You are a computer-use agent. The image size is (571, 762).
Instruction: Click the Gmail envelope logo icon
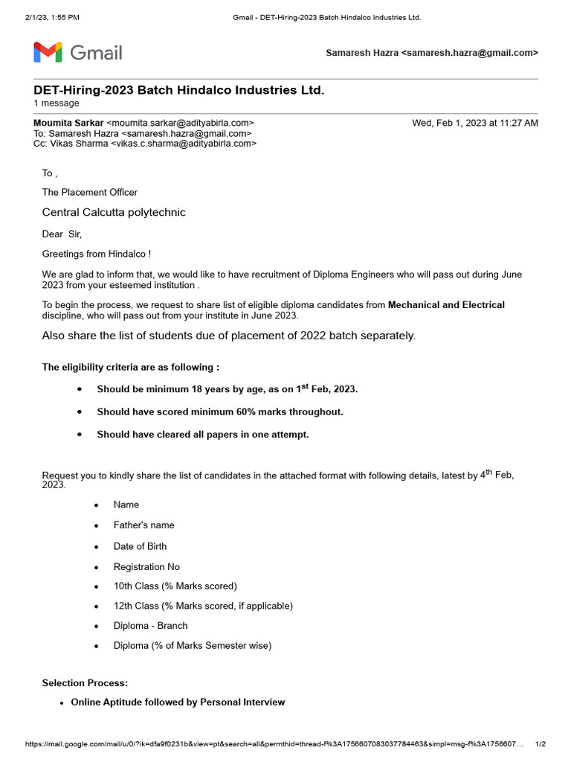pyautogui.click(x=47, y=53)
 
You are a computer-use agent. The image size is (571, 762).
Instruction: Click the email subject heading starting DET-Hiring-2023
pyautogui.click(x=178, y=90)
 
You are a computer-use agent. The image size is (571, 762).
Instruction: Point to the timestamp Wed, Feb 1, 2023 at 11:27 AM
pyautogui.click(x=475, y=123)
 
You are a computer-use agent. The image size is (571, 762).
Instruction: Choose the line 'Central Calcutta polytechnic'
pyautogui.click(x=114, y=213)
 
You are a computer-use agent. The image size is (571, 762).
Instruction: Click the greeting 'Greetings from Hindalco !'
pyautogui.click(x=97, y=254)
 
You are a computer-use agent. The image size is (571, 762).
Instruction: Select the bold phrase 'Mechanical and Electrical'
pyautogui.click(x=446, y=305)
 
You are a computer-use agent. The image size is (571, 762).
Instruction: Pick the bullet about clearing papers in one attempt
pyautogui.click(x=202, y=435)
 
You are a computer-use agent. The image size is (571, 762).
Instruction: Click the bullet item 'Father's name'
pyautogui.click(x=144, y=525)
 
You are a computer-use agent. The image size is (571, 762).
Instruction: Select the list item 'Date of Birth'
pyautogui.click(x=140, y=546)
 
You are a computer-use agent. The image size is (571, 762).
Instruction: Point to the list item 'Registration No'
pyautogui.click(x=146, y=567)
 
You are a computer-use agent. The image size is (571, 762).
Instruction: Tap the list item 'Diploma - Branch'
pyautogui.click(x=150, y=626)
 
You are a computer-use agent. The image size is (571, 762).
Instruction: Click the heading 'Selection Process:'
pyautogui.click(x=85, y=683)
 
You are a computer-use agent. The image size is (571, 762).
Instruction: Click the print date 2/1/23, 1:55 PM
pyautogui.click(x=52, y=17)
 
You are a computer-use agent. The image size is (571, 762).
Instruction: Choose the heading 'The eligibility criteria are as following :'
pyautogui.click(x=131, y=368)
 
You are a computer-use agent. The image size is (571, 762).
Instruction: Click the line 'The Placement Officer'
pyautogui.click(x=90, y=193)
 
